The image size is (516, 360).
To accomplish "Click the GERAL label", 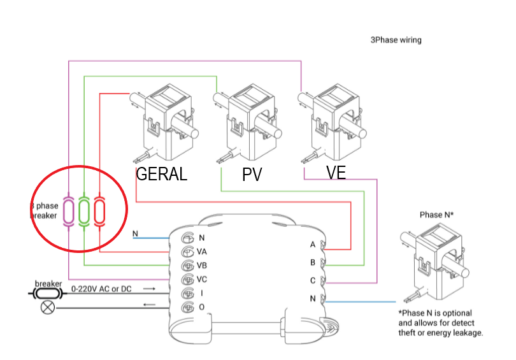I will click(x=162, y=175).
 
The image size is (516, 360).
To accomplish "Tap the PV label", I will click(x=252, y=175).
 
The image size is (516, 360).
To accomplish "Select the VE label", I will click(x=336, y=173).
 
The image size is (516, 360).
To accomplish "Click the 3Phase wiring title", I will click(x=396, y=40).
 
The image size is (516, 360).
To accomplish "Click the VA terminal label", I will click(x=202, y=252).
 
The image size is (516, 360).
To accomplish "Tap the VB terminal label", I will click(x=202, y=266).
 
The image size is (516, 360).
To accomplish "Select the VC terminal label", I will click(x=202, y=280).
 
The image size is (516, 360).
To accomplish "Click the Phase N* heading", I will click(x=436, y=215).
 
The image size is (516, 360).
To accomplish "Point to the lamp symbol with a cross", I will click(x=47, y=308).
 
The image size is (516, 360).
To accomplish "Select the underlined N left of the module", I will click(x=135, y=234).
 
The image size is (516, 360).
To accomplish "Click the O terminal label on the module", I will click(x=202, y=308).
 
